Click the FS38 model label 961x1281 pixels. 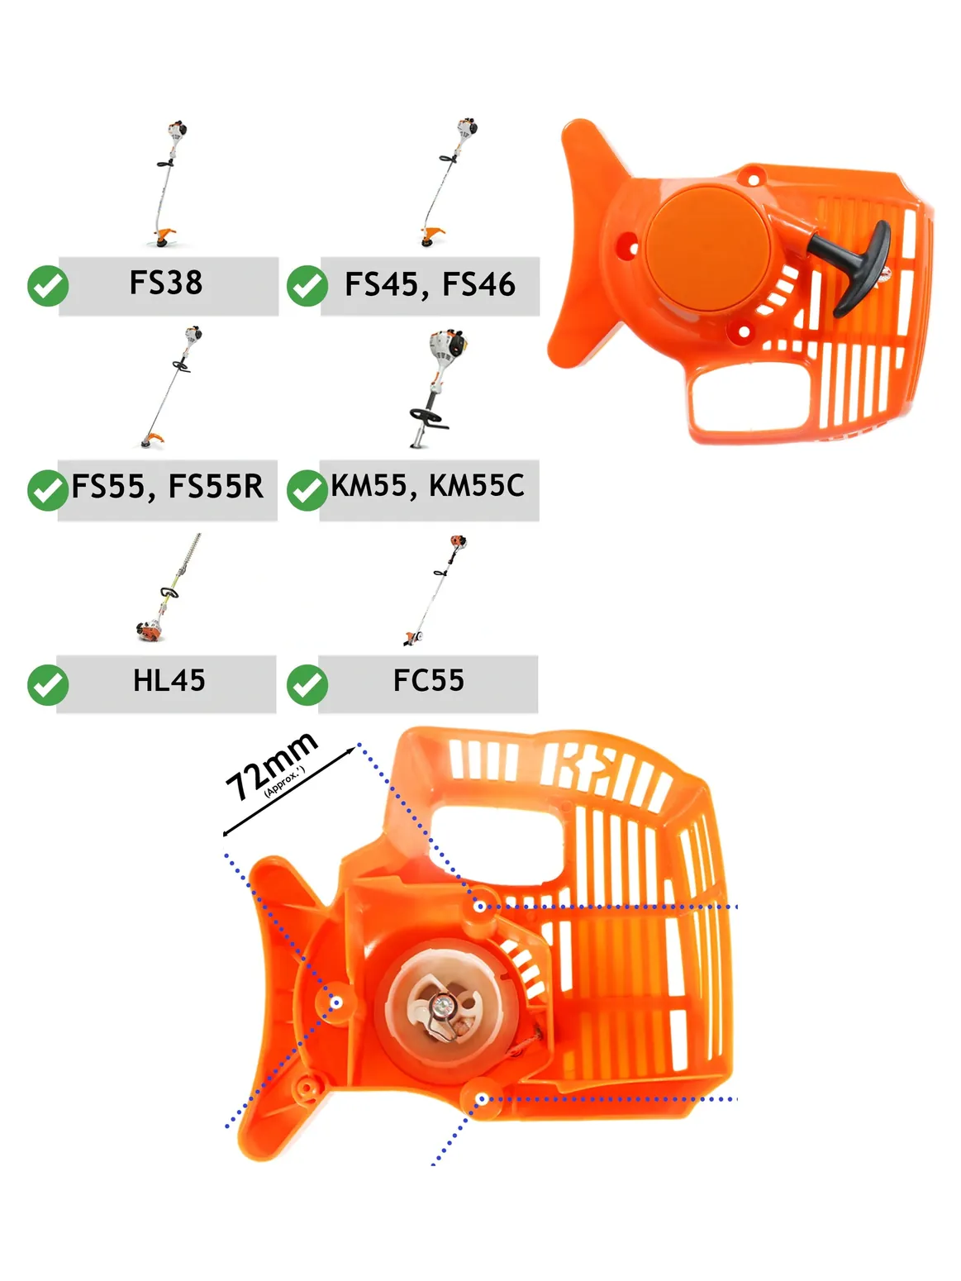coord(166,283)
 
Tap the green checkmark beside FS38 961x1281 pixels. coord(48,286)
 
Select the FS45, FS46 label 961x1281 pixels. coord(430,284)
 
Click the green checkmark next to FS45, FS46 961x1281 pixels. coord(307,286)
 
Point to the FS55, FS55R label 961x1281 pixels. coord(167,487)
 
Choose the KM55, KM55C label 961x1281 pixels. coord(428,486)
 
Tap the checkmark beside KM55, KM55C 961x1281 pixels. coord(307,490)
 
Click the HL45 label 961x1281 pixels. coord(169,681)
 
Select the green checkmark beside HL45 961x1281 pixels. coord(48,685)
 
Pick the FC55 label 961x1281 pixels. coord(428,681)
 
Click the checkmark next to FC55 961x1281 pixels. coord(307,685)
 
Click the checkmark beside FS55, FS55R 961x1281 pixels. coord(48,490)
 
